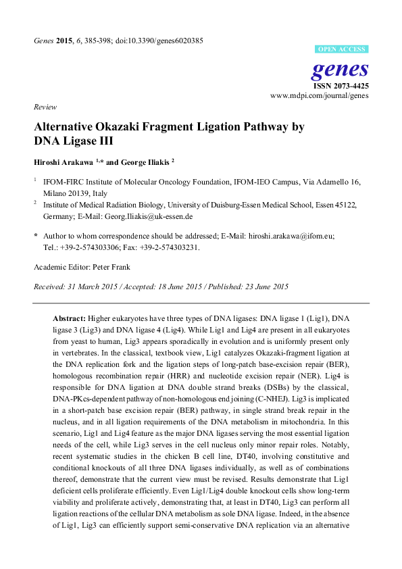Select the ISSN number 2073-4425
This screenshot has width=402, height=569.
tap(351, 86)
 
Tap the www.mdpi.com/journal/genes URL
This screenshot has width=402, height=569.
tap(320, 97)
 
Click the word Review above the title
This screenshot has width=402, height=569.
tap(44, 107)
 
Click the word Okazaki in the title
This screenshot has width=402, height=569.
tap(121, 127)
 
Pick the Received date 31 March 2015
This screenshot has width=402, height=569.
tap(95, 287)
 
